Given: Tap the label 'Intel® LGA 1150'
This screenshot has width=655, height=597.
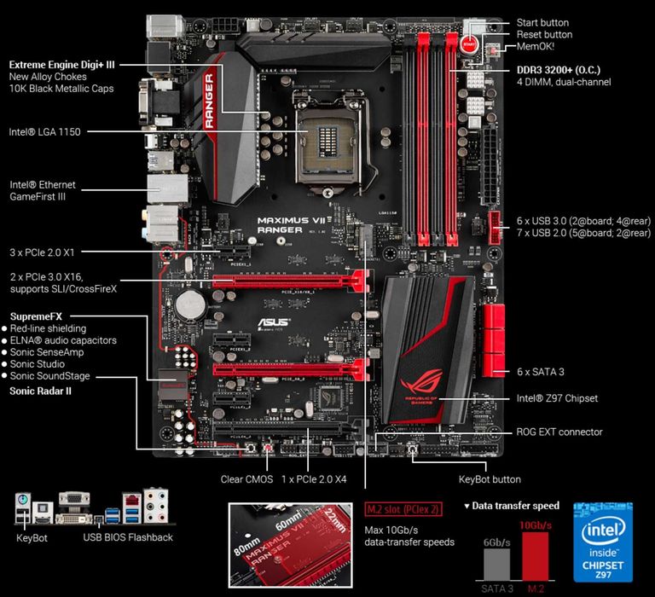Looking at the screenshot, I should point(43,132).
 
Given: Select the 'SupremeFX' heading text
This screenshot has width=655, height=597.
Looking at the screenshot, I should point(35,316).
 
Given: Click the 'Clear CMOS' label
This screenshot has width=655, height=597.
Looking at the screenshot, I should point(246,479).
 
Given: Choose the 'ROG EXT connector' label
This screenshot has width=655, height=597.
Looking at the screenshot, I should point(559,432).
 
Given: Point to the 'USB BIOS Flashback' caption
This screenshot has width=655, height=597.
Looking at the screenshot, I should point(128,537).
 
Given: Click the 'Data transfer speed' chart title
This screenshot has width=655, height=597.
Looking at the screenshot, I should point(515,506).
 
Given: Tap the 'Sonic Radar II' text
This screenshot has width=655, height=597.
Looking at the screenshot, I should point(40,391).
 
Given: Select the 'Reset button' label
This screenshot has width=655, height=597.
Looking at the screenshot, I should point(544,34).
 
